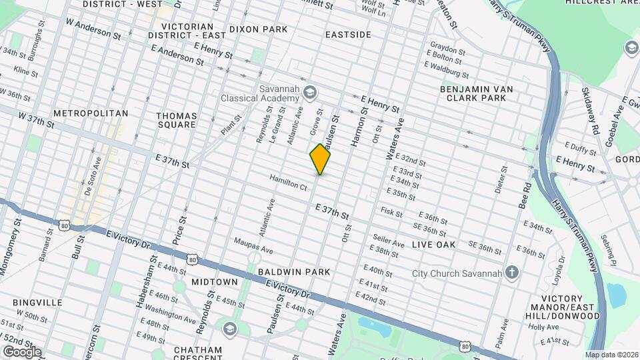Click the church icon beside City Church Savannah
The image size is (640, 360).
tap(512, 273)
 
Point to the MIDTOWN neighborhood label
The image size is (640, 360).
tap(215, 282)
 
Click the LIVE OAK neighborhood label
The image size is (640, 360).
tap(433, 245)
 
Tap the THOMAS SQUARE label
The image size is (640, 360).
tap(176, 120)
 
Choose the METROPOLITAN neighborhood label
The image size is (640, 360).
tap(91, 113)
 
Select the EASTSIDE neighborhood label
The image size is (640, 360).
tap(348, 34)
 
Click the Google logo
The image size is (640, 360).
tap(21, 351)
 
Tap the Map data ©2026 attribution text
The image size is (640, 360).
tap(611, 355)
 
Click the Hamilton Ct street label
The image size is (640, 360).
tap(288, 183)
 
